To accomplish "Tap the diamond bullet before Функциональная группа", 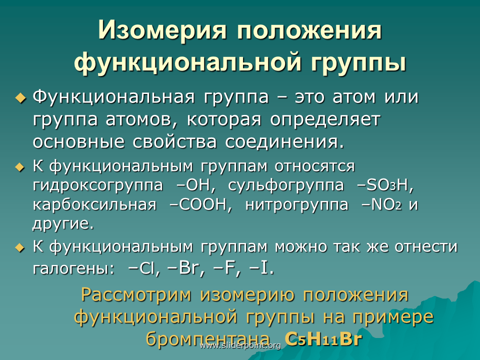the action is coord(21,98).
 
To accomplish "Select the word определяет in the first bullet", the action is coord(325,120).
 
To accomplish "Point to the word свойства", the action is coord(175,141).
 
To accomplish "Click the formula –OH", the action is coord(196,185).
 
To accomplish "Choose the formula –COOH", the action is coord(201,204).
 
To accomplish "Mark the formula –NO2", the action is coord(381,204).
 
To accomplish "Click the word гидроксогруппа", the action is coord(97,185).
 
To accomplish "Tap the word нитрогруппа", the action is coord(296,205).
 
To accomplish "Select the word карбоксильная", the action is coord(94,204).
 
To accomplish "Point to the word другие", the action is coord(63,224).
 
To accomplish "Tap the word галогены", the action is coord(73,269).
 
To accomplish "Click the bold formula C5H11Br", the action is coord(323,339).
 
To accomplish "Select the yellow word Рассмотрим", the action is coord(136,295).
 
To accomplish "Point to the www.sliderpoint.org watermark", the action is coord(240,345).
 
